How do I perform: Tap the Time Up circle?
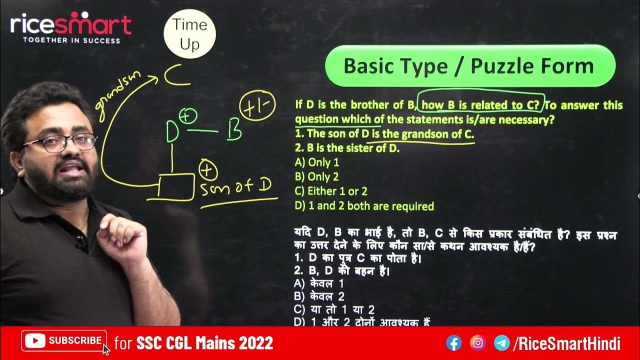[189, 34]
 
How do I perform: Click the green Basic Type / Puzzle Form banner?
[469, 66]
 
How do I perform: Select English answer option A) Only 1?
[317, 162]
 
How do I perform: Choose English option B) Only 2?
[317, 176]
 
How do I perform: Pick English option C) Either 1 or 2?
[331, 191]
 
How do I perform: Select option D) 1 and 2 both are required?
[364, 206]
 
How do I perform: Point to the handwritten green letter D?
[172, 131]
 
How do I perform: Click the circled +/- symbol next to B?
[255, 107]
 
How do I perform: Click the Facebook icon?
[454, 343]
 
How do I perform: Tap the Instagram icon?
[478, 343]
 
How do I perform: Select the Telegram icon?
[501, 343]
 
